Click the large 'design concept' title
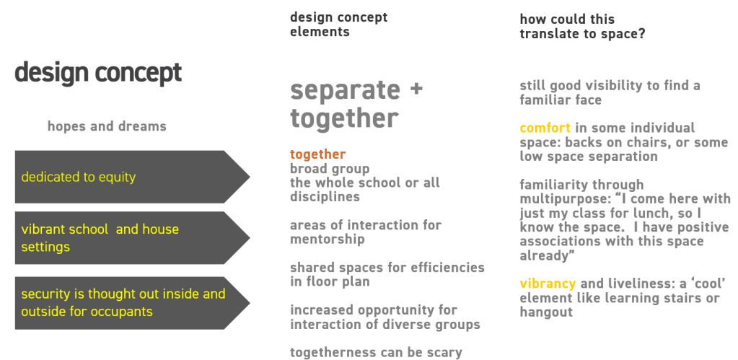click(x=98, y=74)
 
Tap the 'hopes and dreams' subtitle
click(x=107, y=126)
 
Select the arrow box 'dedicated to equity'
click(x=132, y=177)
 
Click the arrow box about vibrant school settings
click(x=132, y=237)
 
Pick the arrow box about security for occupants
click(x=132, y=303)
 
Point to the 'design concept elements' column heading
click(x=339, y=25)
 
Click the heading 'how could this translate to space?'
click(x=582, y=27)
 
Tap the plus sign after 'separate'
click(x=416, y=89)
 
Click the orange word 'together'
click(x=317, y=154)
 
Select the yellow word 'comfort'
click(x=545, y=128)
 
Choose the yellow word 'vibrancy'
click(x=548, y=284)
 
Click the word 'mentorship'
click(x=327, y=240)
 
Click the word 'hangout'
click(x=546, y=312)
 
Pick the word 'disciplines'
click(x=325, y=197)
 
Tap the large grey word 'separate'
click(x=345, y=90)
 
